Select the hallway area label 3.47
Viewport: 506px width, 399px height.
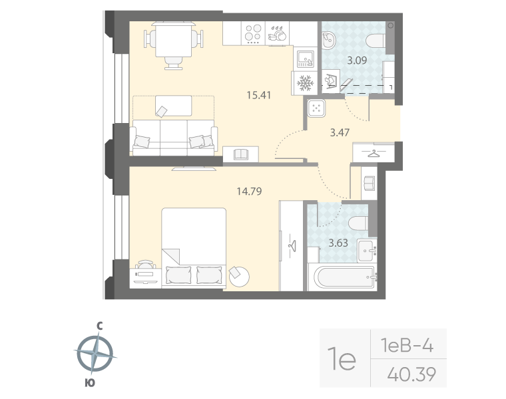(340, 132)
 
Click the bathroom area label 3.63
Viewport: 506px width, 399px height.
(338, 242)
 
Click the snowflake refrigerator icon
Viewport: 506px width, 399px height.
(304, 83)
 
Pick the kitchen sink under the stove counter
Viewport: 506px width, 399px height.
(305, 59)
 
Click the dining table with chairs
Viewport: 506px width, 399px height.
(173, 41)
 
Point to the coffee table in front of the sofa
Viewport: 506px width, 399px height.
(173, 105)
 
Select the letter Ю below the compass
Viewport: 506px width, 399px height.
(90, 382)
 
